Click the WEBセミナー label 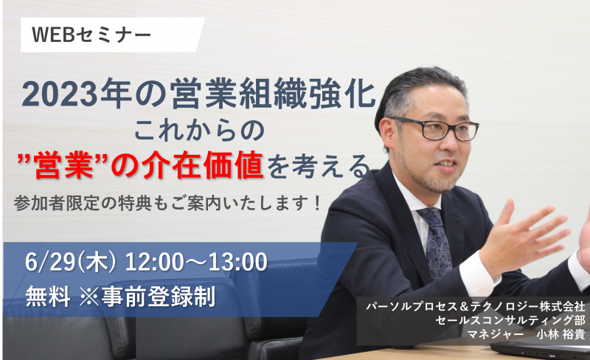pyautogui.click(x=91, y=35)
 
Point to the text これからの pyautogui.click(x=199, y=131)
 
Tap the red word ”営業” pyautogui.click(x=63, y=165)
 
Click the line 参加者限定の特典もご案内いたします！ pyautogui.click(x=167, y=204)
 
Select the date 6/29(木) pyautogui.click(x=70, y=262)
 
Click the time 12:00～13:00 pyautogui.click(x=196, y=262)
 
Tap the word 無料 pyautogui.click(x=48, y=297)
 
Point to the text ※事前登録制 pyautogui.click(x=147, y=297)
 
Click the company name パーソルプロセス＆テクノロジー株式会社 pyautogui.click(x=476, y=305)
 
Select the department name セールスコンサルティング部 pyautogui.click(x=510, y=320)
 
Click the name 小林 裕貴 pyautogui.click(x=560, y=334)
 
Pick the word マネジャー pyautogui.click(x=495, y=334)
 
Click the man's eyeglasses pyautogui.click(x=436, y=128)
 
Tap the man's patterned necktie pyautogui.click(x=436, y=241)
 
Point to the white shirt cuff pyautogui.click(x=476, y=273)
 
